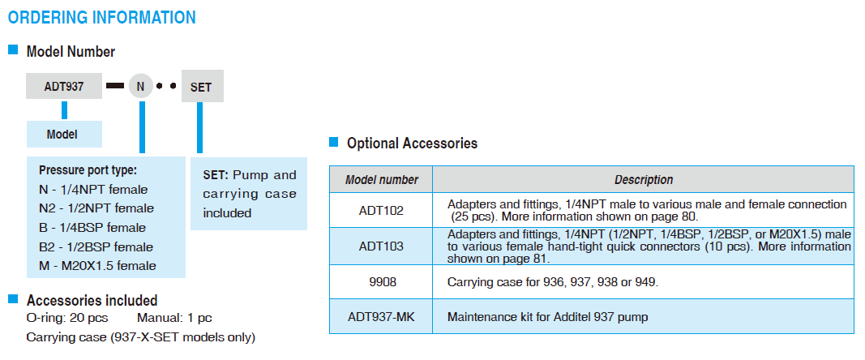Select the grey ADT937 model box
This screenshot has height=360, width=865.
point(65,86)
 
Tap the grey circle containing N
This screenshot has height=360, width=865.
point(140,86)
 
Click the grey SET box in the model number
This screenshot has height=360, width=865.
point(201,87)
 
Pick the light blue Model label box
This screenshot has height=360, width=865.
point(63,135)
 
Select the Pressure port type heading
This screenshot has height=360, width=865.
point(88,170)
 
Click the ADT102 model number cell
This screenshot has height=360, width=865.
point(381,211)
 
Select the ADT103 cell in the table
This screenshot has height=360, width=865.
point(381,246)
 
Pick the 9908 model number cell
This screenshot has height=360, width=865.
point(381,282)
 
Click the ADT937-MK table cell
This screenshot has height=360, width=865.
point(381,317)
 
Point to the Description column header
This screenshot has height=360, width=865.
point(643,180)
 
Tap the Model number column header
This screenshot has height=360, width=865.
point(382,180)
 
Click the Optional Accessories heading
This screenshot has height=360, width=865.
point(412,144)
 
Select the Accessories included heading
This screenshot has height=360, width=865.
point(92,301)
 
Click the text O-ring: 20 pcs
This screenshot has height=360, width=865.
point(67,318)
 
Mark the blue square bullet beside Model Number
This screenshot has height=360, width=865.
point(13,51)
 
